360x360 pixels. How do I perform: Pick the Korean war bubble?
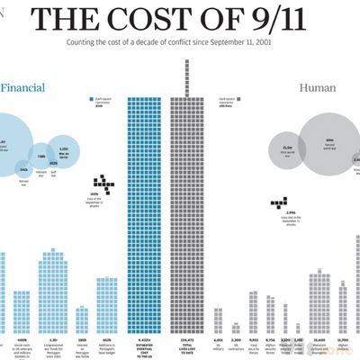click(24, 167)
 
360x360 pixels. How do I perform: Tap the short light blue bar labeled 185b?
click(83, 317)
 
